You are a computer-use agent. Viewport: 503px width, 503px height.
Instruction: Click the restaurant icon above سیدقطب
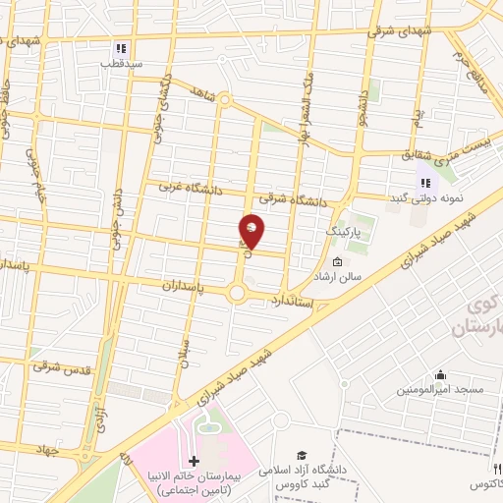pos(121,47)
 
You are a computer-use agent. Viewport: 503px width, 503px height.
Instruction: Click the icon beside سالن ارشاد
pos(338,262)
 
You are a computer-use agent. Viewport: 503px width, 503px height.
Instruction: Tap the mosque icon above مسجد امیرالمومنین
pos(439,375)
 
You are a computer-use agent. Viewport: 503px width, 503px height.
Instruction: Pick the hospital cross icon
pos(193,461)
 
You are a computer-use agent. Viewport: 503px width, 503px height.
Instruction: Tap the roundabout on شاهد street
pos(224,99)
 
